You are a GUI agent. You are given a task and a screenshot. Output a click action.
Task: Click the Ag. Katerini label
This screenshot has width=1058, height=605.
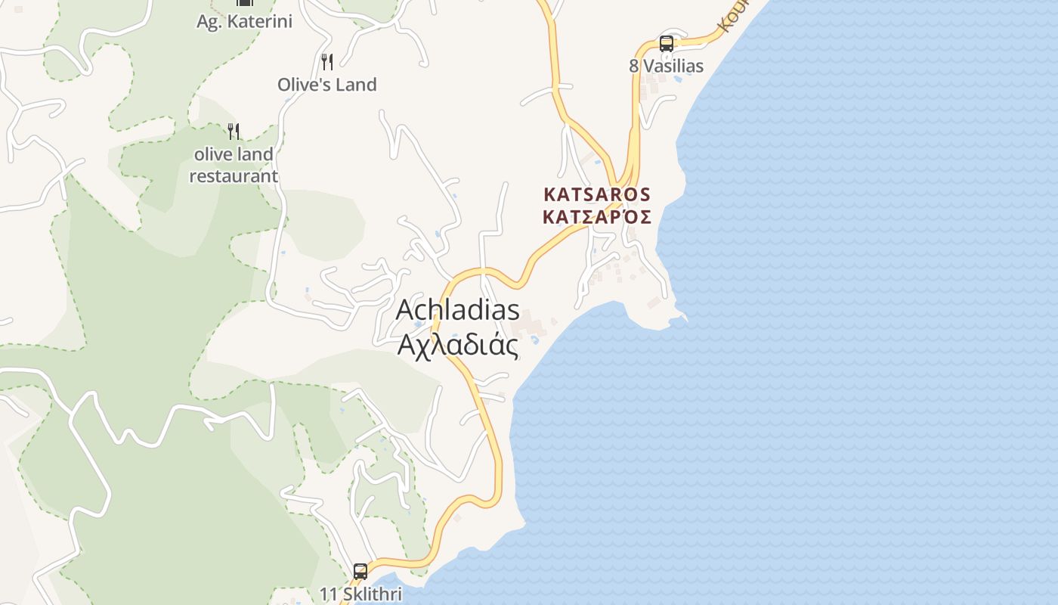[244, 21]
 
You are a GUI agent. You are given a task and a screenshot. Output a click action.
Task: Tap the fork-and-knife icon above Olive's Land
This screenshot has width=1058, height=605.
[327, 61]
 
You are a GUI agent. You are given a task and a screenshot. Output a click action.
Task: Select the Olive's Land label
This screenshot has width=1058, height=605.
[326, 85]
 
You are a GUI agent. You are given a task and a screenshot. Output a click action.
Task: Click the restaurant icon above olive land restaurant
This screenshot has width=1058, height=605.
[234, 132]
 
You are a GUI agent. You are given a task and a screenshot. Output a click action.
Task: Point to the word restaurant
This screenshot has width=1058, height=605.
[234, 176]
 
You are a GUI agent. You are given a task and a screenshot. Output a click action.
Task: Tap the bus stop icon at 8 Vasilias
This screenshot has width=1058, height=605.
[666, 44]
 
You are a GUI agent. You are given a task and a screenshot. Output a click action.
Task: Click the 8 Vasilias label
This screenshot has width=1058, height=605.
[666, 67]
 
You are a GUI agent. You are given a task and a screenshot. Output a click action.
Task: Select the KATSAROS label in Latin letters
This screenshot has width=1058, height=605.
[597, 194]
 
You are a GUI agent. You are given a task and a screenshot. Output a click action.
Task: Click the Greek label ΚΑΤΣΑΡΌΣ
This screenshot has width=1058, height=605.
[597, 217]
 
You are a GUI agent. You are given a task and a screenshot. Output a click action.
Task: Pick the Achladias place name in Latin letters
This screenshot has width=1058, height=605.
[458, 309]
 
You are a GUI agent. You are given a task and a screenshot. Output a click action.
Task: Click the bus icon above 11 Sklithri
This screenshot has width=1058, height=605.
[360, 571]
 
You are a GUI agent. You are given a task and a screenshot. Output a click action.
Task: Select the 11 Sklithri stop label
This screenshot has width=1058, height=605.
[360, 594]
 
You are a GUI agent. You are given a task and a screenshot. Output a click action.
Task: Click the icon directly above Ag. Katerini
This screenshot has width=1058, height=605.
[244, 3]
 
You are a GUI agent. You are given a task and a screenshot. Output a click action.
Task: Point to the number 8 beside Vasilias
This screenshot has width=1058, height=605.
[634, 67]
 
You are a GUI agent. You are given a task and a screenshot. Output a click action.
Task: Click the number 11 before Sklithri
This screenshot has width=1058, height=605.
[327, 594]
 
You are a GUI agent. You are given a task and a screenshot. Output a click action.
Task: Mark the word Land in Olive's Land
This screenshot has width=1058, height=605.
[356, 85]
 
